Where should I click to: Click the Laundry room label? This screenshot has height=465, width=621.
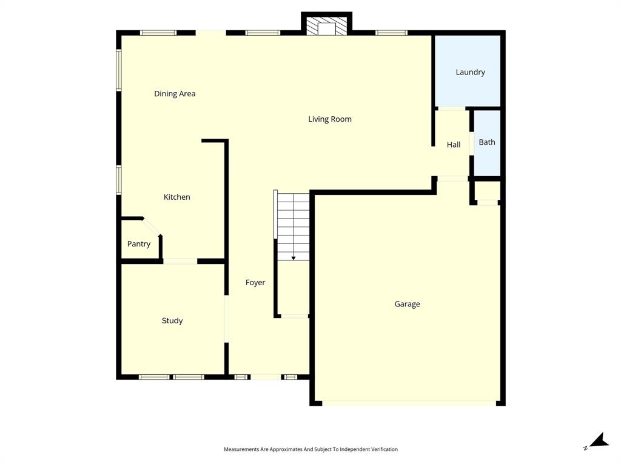click(x=470, y=72)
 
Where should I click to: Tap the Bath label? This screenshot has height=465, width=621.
click(x=487, y=142)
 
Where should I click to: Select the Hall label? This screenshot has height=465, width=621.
click(x=454, y=145)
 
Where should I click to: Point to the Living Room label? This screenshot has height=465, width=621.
click(x=330, y=119)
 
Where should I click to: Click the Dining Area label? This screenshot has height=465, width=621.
click(x=175, y=94)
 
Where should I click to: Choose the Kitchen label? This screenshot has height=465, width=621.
click(x=177, y=197)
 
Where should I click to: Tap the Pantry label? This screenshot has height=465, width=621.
click(x=139, y=244)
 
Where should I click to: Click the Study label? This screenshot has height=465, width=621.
click(x=172, y=321)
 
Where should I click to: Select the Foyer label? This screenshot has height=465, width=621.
click(x=255, y=283)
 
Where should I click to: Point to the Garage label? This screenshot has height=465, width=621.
click(x=408, y=304)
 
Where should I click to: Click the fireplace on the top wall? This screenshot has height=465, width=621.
click(x=327, y=26)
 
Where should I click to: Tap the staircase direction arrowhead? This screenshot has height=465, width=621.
click(x=294, y=258)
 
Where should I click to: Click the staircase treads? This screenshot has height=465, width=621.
click(x=294, y=218)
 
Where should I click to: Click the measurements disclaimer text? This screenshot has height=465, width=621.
click(x=310, y=449)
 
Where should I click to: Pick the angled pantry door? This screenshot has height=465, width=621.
click(x=152, y=226)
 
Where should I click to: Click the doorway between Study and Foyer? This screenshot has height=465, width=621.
click(x=226, y=318)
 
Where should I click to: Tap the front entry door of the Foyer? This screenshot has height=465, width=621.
click(x=266, y=377)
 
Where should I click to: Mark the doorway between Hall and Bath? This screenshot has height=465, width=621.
click(x=471, y=144)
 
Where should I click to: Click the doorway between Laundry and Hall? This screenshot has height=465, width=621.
click(x=452, y=108)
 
